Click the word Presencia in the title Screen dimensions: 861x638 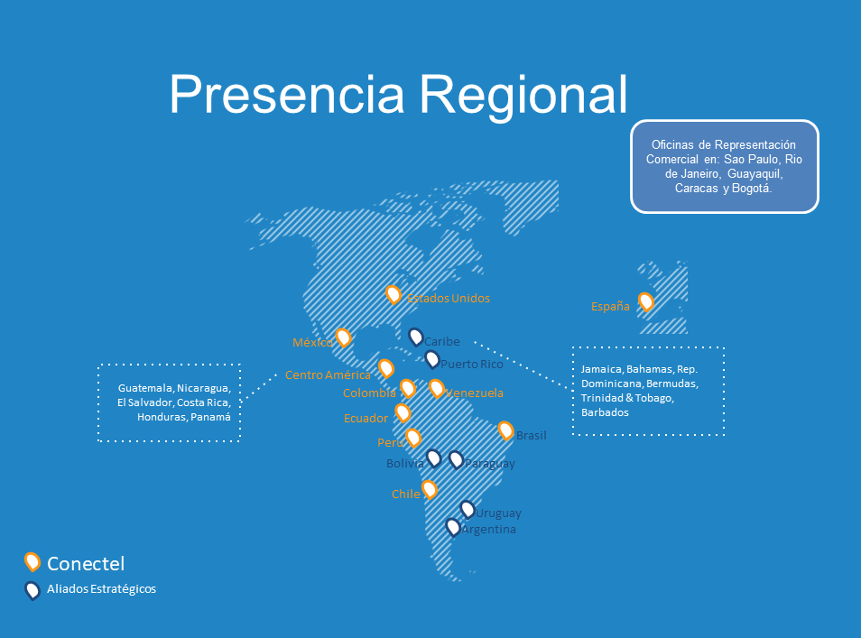[287, 95]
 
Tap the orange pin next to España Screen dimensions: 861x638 [646, 301]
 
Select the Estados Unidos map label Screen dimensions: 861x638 [448, 298]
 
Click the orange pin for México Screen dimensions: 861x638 [343, 337]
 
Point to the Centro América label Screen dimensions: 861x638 [328, 375]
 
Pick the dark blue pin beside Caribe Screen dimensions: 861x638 [416, 337]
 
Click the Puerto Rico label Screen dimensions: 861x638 [472, 364]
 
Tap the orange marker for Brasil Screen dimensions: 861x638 [505, 430]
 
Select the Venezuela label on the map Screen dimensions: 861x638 [475, 393]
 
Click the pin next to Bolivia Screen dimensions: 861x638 [434, 458]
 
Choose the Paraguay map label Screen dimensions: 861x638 [490, 464]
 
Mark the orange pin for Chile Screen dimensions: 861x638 [430, 489]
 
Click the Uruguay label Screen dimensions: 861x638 [498, 513]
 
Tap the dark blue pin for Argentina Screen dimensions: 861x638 [452, 527]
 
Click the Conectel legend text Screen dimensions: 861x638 [86, 563]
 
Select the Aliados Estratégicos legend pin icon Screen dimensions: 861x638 [32, 590]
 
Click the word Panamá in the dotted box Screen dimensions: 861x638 [211, 417]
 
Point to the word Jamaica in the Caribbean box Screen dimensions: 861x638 [602, 369]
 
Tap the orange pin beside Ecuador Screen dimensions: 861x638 [403, 412]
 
